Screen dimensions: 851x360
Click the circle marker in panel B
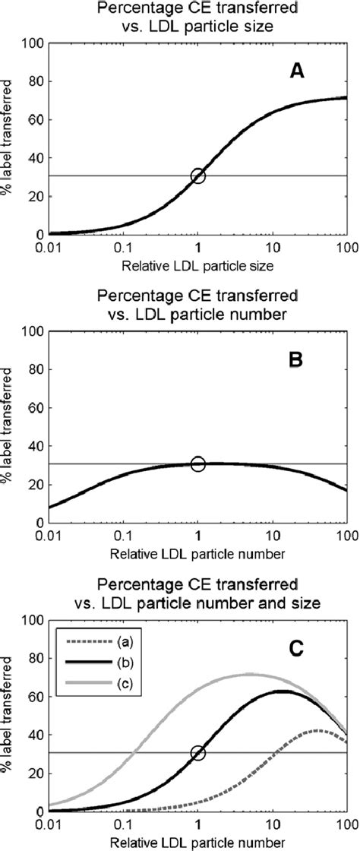(x=198, y=463)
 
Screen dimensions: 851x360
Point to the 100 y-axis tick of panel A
(x=32, y=43)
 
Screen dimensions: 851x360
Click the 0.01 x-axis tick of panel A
(x=49, y=248)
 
